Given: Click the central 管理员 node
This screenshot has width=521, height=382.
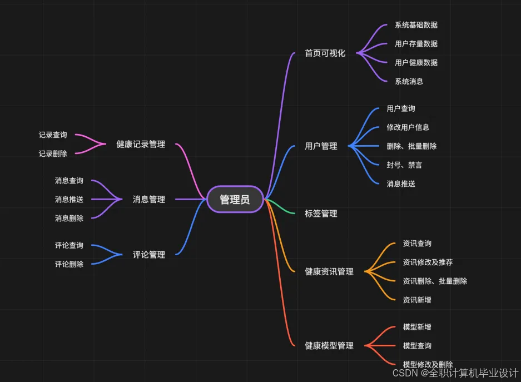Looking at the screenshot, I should click(235, 200).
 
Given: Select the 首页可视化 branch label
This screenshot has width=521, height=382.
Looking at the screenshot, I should click(325, 53).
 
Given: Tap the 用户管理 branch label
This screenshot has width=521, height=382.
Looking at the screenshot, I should click(321, 146).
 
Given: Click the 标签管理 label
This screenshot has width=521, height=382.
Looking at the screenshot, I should click(321, 214).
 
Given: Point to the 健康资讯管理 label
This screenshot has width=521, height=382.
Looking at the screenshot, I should click(329, 272).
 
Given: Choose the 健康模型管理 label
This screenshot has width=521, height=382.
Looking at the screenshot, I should click(329, 346).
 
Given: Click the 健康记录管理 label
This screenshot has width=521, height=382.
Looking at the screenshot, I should click(141, 145).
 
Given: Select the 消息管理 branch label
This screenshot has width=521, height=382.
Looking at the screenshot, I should click(149, 199).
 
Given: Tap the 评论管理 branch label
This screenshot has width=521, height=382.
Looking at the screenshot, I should click(149, 255).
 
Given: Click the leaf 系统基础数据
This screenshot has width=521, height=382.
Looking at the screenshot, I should click(416, 25).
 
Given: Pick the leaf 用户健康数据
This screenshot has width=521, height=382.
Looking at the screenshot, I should click(416, 63).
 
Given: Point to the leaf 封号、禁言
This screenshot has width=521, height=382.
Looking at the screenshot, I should click(404, 165).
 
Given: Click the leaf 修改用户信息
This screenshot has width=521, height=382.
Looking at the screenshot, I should click(408, 127).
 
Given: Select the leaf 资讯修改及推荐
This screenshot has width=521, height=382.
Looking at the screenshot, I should click(428, 262).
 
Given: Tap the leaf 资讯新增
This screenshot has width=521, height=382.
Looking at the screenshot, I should click(417, 300).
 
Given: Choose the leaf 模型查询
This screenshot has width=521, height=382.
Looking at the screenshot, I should click(417, 346).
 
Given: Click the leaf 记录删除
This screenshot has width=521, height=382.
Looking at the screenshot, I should click(53, 154).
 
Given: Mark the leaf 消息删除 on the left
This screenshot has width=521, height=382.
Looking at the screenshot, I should click(69, 219).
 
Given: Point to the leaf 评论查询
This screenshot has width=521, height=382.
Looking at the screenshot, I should click(69, 246).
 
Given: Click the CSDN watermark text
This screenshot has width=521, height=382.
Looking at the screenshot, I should click(455, 373).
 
